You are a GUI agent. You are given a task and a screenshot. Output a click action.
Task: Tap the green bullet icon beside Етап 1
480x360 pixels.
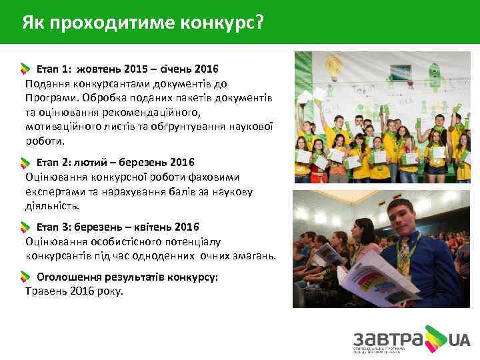coord(25,69)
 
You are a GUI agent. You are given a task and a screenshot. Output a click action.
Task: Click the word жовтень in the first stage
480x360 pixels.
coord(99,69)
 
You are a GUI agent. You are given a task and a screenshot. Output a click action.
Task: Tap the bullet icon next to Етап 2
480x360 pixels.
coord(25,163)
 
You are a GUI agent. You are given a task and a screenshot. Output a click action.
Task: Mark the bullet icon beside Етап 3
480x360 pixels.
coord(25,228)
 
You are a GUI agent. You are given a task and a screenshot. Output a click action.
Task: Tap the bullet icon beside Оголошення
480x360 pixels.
coord(25,277)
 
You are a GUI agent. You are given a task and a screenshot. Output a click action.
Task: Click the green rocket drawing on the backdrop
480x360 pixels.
coord(437,70)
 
